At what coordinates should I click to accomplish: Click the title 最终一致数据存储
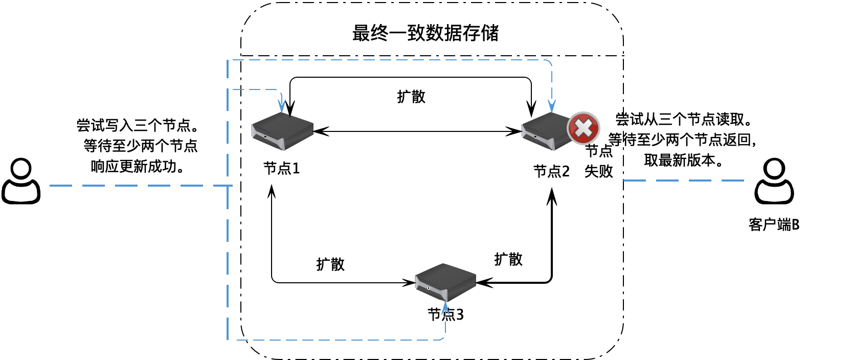coord(425,33)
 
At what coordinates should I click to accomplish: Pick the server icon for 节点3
coord(445,282)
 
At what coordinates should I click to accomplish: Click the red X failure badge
coord(583,128)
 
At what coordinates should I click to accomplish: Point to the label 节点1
coord(281,168)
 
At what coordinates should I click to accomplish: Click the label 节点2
coord(551,171)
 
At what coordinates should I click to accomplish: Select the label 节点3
coord(445,314)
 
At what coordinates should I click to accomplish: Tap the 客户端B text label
coord(774,224)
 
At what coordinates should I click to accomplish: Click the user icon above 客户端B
coord(774,181)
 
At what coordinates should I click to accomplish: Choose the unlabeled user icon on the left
coord(21,181)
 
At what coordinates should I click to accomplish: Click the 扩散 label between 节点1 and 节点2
coord(411,97)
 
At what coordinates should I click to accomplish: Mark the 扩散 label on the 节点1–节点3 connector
coord(330,264)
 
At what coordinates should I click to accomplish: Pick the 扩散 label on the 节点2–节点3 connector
coord(508,259)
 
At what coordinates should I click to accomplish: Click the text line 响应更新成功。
coord(138,166)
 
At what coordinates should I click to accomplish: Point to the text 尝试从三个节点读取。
coord(684,119)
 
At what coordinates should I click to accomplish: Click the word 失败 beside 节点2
coord(598,171)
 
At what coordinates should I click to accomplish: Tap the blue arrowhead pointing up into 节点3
coord(445,307)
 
